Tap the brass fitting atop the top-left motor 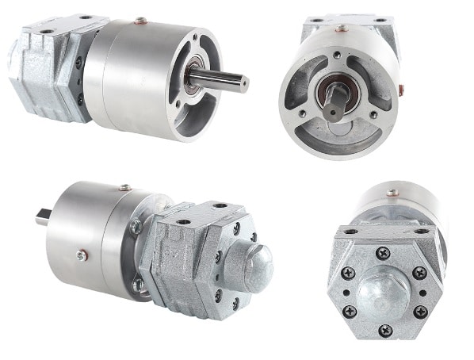tap(140, 21)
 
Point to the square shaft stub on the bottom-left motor tap(42, 215)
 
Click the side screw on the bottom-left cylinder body tap(82, 255)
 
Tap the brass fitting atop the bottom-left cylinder tap(124, 188)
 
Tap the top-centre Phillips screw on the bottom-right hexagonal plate tap(384, 254)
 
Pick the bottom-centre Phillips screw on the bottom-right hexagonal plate tap(385, 330)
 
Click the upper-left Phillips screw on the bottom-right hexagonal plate tap(348, 273)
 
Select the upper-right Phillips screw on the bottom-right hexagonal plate tap(419, 272)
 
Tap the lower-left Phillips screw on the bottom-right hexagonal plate tap(348, 311)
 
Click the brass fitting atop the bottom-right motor tap(392, 192)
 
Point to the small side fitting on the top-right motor tap(403, 88)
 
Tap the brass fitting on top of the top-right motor tap(342, 29)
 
